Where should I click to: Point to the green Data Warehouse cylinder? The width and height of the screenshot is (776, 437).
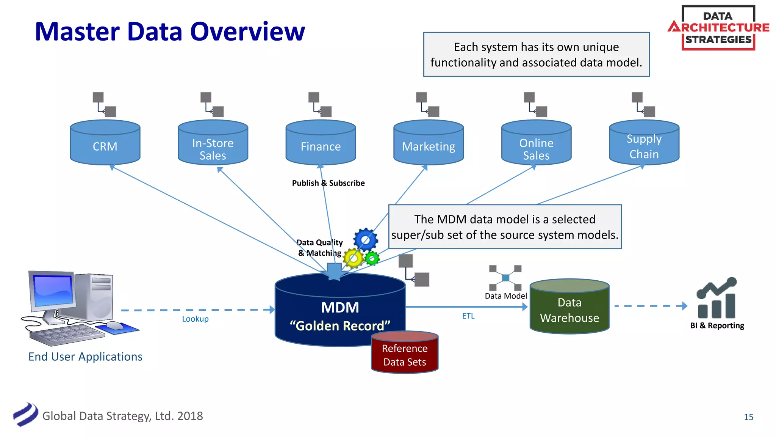point(569,308)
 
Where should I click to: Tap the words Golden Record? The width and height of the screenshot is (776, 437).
point(340,326)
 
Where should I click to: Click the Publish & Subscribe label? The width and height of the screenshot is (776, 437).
point(328,183)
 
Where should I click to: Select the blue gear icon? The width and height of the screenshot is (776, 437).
point(365,239)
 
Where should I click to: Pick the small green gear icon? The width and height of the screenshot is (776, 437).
point(372,258)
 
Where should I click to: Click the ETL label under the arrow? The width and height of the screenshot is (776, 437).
point(468,316)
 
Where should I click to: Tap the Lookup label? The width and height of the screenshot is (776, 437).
point(195,319)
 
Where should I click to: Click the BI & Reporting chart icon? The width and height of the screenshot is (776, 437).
point(716,298)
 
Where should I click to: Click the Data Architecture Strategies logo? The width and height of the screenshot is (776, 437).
point(718,28)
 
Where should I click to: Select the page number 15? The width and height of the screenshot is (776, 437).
point(748,417)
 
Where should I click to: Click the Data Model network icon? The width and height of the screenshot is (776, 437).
point(505,278)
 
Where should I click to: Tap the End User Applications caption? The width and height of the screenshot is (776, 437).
point(85,357)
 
